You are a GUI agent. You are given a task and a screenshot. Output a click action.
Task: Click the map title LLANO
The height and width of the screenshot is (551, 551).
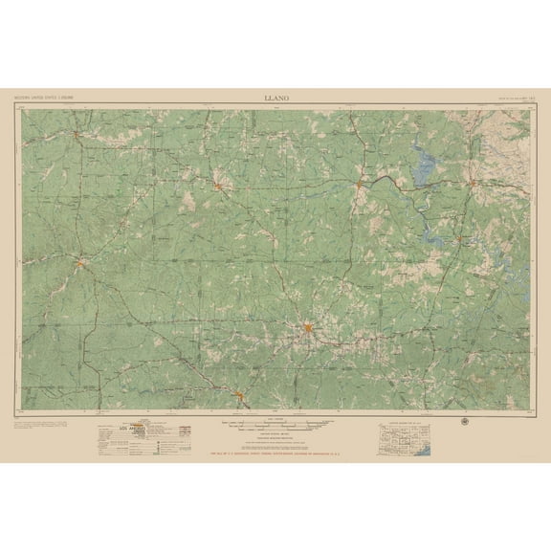point(275,97)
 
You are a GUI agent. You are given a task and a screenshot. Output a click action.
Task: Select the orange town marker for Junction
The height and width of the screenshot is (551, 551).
point(83,262)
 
